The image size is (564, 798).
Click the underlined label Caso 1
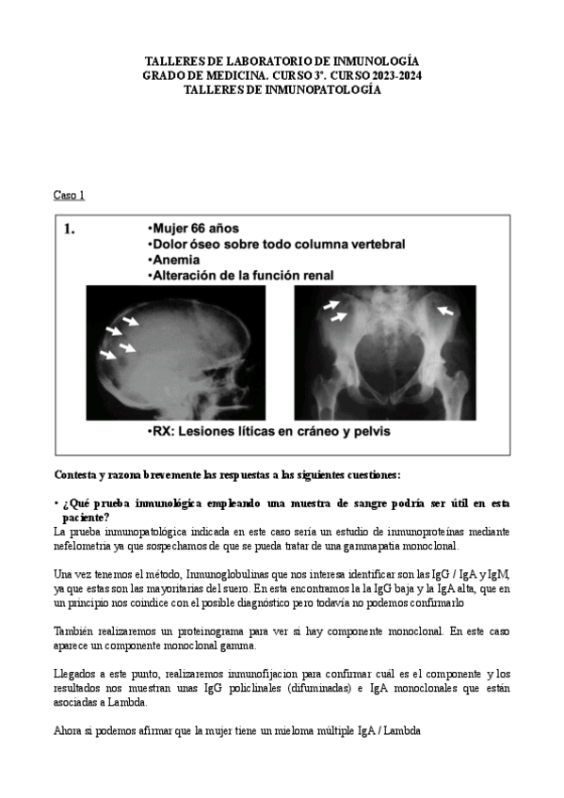click(x=69, y=195)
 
